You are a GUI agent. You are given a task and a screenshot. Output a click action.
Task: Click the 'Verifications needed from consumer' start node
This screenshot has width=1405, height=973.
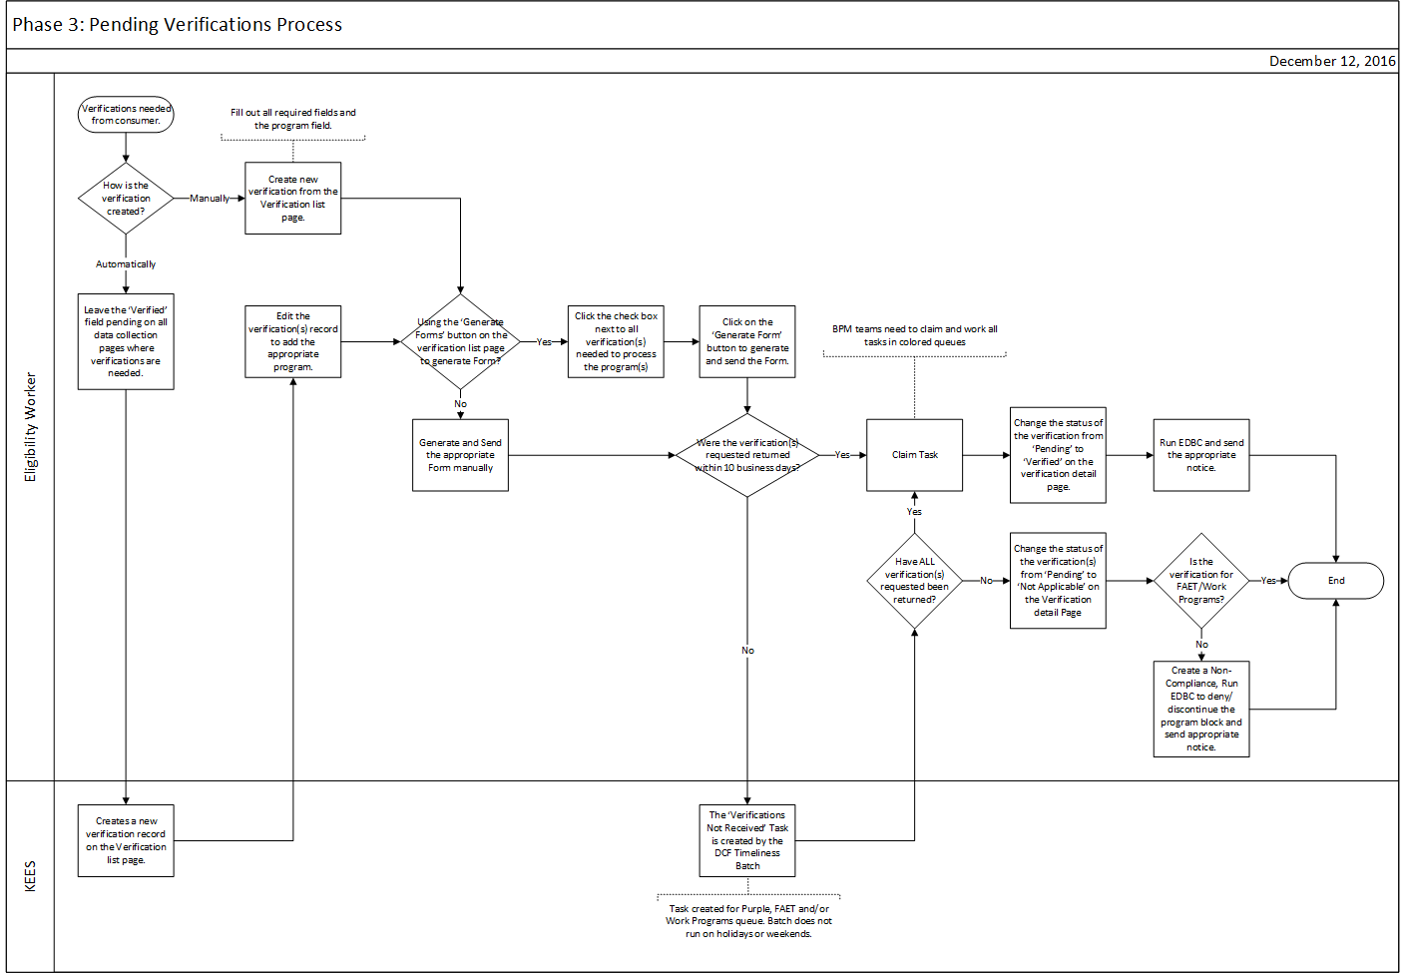[x=126, y=115]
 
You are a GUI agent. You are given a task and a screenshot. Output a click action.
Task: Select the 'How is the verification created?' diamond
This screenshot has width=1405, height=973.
[x=126, y=199]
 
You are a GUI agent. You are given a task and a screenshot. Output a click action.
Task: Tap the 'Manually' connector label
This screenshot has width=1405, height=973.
[x=210, y=199]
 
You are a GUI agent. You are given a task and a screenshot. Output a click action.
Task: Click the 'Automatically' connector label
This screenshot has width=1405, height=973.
[x=126, y=264]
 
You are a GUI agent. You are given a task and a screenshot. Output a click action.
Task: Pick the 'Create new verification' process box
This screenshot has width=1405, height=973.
[x=292, y=199]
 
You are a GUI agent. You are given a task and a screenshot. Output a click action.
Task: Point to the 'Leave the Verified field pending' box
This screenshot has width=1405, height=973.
[x=126, y=341]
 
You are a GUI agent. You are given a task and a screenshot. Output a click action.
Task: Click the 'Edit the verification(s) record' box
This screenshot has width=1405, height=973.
[x=292, y=341]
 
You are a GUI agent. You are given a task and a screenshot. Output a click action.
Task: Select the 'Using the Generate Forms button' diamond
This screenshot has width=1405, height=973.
[x=460, y=341]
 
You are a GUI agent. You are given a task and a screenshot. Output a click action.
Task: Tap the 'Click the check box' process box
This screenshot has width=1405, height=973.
[x=616, y=341]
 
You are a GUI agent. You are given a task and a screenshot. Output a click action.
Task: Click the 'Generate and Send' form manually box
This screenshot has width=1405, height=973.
[x=460, y=455]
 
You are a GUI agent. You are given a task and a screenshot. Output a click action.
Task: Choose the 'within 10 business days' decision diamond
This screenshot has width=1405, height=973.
[x=747, y=455]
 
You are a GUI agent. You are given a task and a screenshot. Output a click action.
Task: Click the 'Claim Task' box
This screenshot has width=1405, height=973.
[x=914, y=455]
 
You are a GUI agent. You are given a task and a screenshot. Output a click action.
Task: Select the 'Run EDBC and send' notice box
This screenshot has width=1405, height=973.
[x=1201, y=455]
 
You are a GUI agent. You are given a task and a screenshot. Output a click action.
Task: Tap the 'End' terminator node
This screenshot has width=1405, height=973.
[x=1335, y=581]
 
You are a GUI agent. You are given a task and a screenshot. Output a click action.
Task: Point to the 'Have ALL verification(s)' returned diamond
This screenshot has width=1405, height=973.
[x=914, y=581]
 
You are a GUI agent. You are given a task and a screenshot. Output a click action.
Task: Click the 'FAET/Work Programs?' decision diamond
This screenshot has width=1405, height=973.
[x=1201, y=581]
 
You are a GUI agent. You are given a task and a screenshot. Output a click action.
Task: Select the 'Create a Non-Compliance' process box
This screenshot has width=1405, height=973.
[x=1201, y=709]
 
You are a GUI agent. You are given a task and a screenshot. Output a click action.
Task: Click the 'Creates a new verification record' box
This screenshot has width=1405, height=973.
[x=126, y=840]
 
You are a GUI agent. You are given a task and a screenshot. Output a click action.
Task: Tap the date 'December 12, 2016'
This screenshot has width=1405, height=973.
[x=1332, y=61]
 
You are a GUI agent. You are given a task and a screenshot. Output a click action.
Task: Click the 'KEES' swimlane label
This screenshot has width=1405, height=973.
[x=30, y=876]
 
